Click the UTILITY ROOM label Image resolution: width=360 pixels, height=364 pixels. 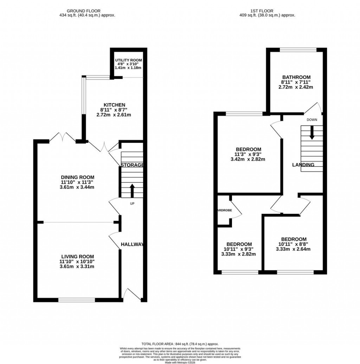[128, 60]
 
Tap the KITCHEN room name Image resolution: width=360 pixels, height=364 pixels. [114, 105]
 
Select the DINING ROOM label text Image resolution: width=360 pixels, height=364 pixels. [77, 177]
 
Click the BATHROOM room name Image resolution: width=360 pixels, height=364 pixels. [296, 77]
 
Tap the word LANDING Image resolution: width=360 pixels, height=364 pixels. [303, 165]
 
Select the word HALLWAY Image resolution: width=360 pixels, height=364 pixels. [132, 244]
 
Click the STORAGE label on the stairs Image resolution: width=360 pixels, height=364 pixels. [132, 165]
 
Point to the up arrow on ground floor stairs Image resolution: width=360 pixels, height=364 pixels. [132, 190]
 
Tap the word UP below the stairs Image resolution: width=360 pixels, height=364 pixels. [132, 203]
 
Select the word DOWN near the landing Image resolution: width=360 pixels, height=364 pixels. [311, 120]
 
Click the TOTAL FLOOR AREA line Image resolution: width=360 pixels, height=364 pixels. [180, 344]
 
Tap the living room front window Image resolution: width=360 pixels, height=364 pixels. [77, 300]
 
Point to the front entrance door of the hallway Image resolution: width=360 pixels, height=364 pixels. [131, 295]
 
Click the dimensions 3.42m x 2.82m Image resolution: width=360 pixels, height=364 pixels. [247, 159]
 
